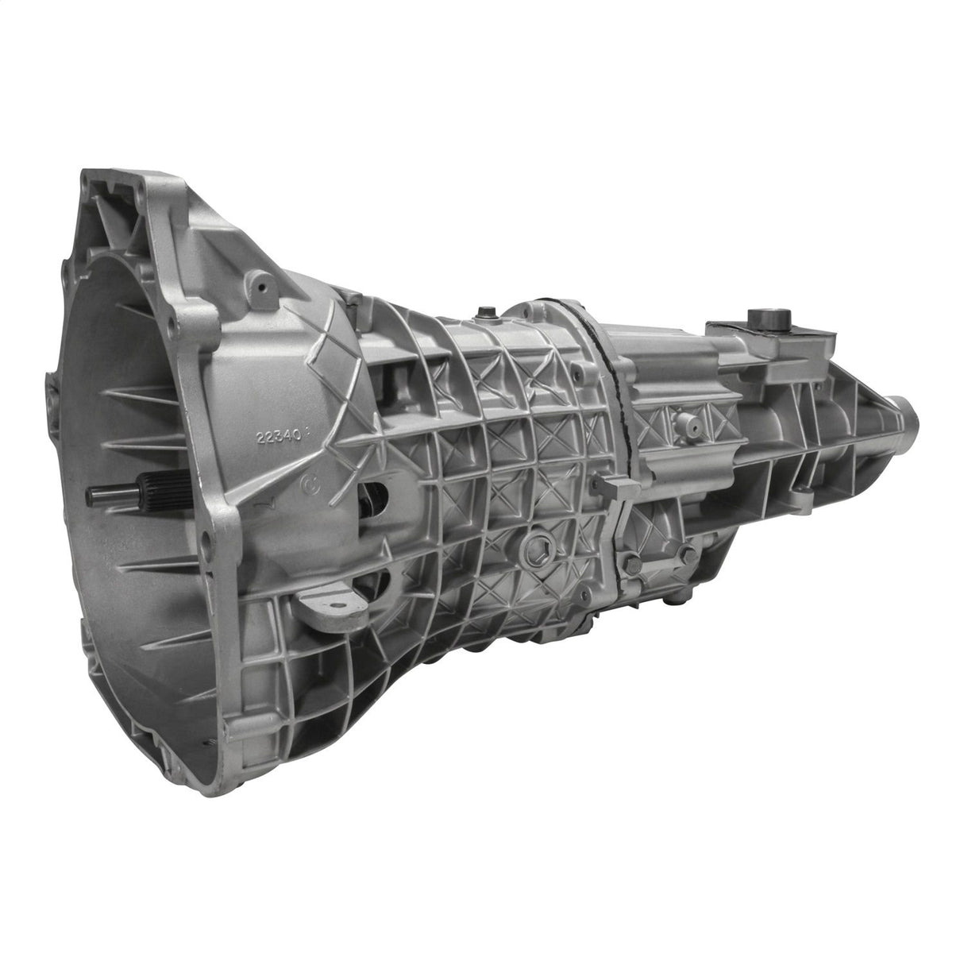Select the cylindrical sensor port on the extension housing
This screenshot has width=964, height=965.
coord(688,428)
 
